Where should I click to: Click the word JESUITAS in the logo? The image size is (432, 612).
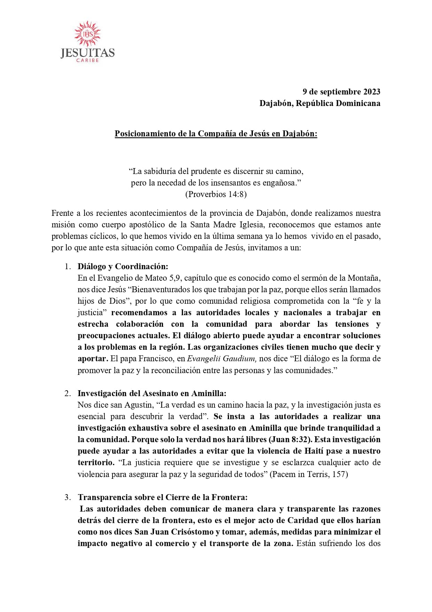(x=87, y=53)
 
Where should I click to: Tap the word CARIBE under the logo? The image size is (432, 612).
(x=87, y=60)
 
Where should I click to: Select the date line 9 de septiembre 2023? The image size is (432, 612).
(x=341, y=92)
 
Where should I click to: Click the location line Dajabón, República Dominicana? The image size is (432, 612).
(x=319, y=103)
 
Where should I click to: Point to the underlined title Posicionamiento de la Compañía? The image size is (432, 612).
(x=216, y=134)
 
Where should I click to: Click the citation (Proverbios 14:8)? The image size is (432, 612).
(x=216, y=194)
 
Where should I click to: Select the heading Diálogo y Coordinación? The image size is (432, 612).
(x=123, y=266)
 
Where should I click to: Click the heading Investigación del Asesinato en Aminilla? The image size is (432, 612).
(x=152, y=393)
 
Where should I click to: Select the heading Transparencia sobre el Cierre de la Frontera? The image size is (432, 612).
(x=162, y=497)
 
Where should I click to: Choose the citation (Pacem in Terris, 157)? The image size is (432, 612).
(x=309, y=474)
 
